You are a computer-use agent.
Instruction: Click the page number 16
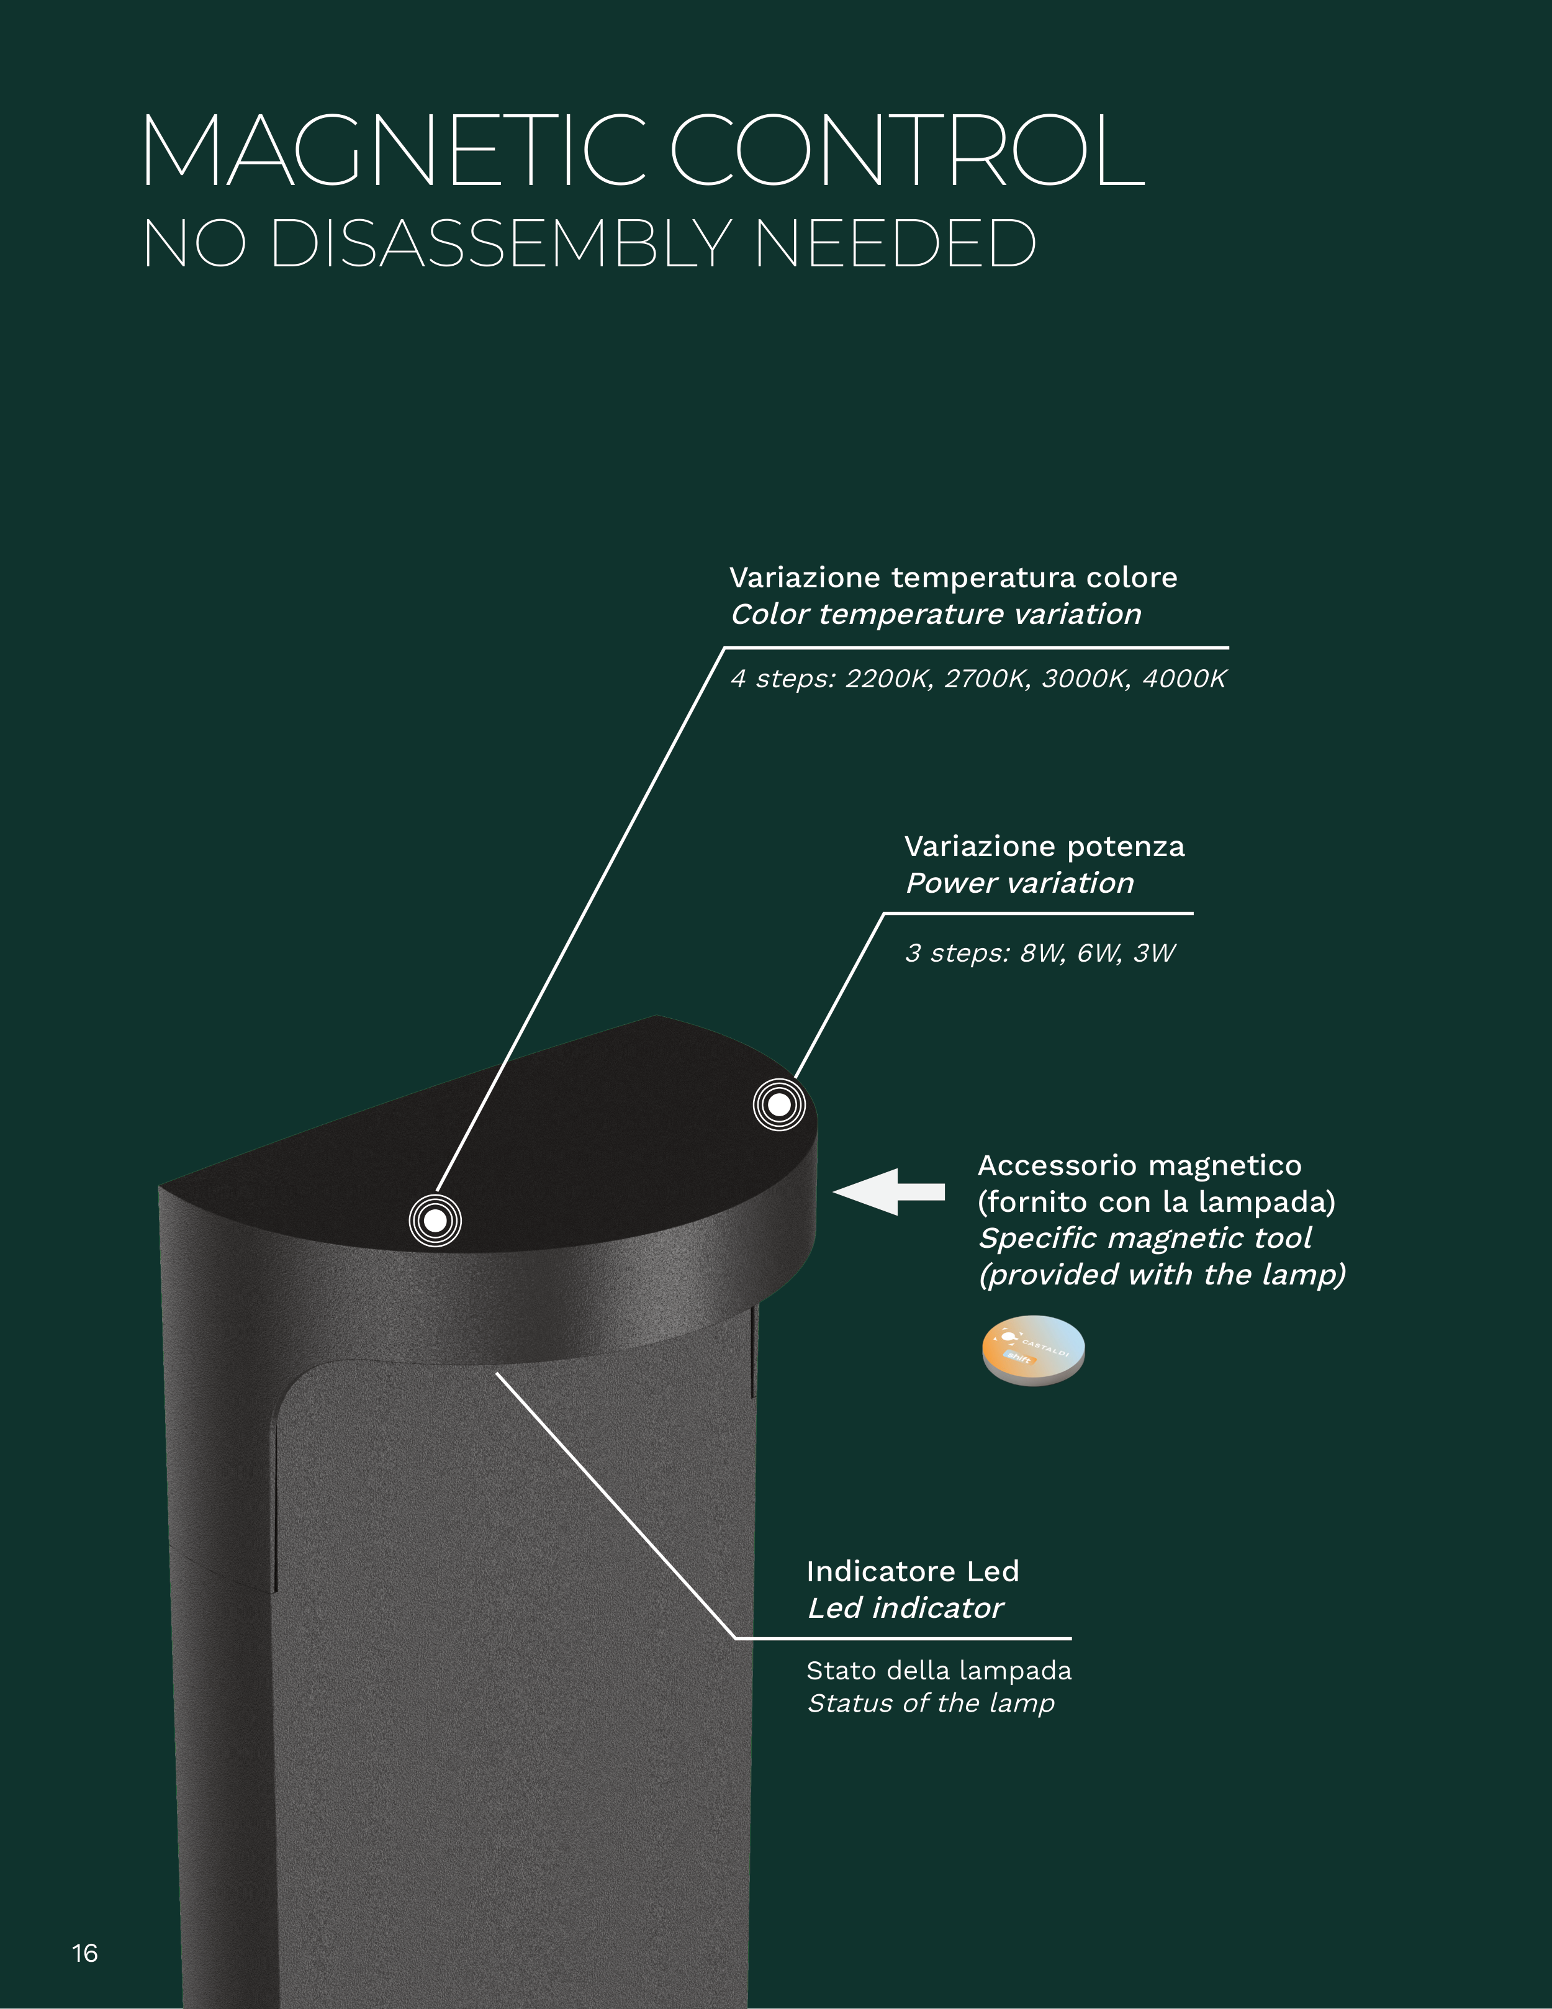pyautogui.click(x=84, y=1953)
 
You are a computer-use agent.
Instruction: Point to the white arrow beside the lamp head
pyautogui.click(x=889, y=1191)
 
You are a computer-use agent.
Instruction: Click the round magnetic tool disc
pyautogui.click(x=1033, y=1350)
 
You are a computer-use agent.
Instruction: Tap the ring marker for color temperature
pyautogui.click(x=435, y=1221)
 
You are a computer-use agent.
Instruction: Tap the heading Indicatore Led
pyautogui.click(x=913, y=1571)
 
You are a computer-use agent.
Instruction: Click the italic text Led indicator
pyautogui.click(x=905, y=1608)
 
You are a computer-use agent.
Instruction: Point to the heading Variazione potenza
pyautogui.click(x=1045, y=846)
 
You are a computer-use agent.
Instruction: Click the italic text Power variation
pyautogui.click(x=1020, y=883)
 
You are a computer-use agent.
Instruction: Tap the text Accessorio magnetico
pyautogui.click(x=1140, y=1165)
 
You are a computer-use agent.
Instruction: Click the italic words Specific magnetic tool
pyautogui.click(x=1145, y=1238)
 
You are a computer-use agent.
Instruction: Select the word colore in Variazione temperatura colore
pyautogui.click(x=1132, y=577)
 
